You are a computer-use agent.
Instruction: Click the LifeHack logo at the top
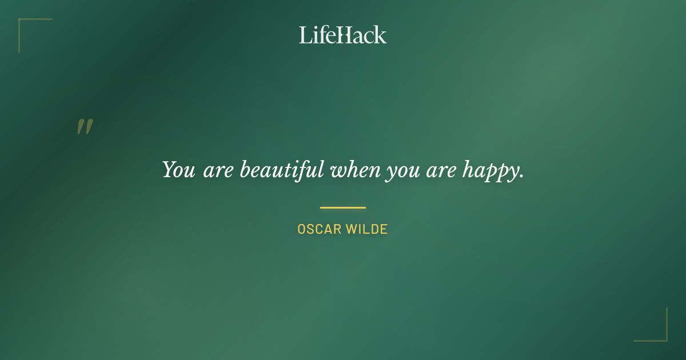pyautogui.click(x=343, y=35)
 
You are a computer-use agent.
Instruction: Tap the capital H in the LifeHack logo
pyautogui.click(x=343, y=35)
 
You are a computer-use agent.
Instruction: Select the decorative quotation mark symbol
pyautogui.click(x=85, y=127)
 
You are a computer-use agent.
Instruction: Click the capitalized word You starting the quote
pyautogui.click(x=178, y=170)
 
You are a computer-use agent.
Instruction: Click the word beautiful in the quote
pyautogui.click(x=282, y=170)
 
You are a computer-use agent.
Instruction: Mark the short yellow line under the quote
pyautogui.click(x=343, y=207)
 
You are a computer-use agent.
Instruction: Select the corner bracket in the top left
pyautogui.click(x=26, y=26)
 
